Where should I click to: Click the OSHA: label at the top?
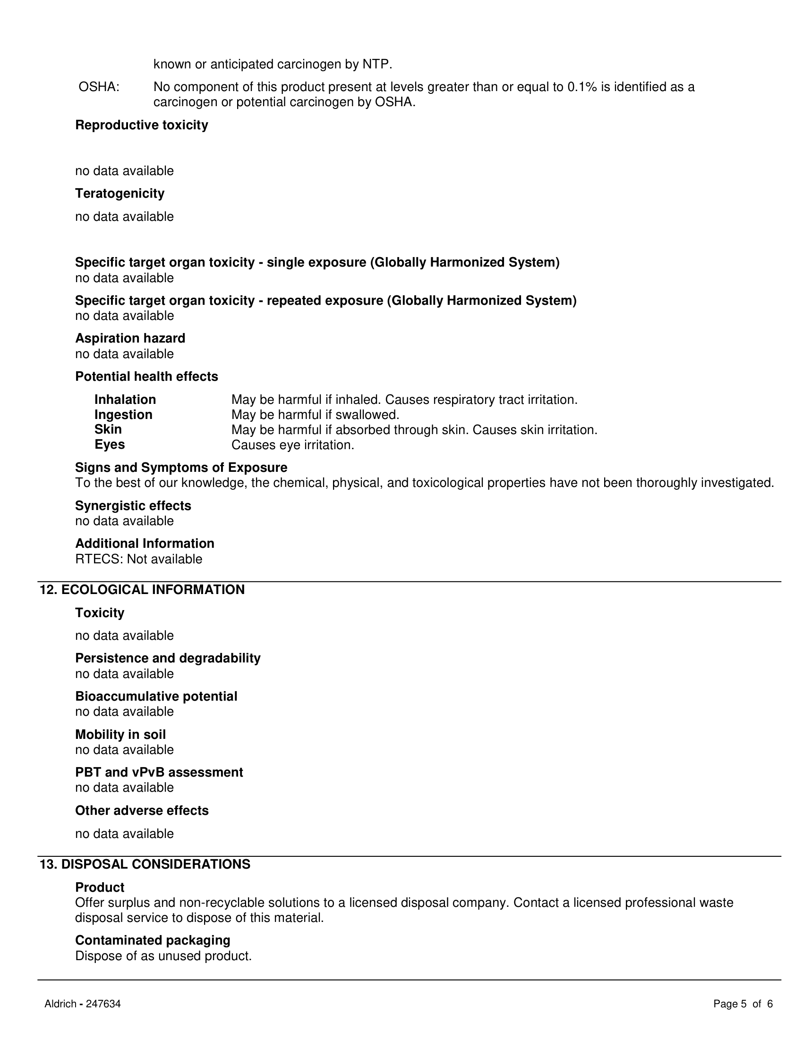click(x=99, y=87)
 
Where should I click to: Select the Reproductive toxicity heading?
click(x=141, y=125)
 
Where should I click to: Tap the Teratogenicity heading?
click(x=120, y=193)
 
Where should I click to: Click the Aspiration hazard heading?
click(x=130, y=338)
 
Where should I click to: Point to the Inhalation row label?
click(x=125, y=400)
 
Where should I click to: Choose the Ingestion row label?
click(x=123, y=415)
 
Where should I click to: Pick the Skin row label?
click(x=108, y=430)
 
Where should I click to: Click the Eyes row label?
click(x=110, y=445)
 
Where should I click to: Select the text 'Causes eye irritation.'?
click(x=292, y=445)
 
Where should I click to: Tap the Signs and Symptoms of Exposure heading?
click(x=181, y=468)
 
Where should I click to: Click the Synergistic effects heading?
click(x=133, y=506)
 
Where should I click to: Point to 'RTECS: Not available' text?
click(x=138, y=560)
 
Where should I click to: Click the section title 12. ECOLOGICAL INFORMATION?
click(x=142, y=590)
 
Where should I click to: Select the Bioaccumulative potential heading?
click(x=156, y=696)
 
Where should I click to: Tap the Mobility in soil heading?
click(x=120, y=735)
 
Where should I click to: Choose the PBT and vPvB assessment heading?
click(x=159, y=772)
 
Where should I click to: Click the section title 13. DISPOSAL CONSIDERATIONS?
click(x=145, y=864)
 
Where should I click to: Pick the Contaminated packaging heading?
click(x=153, y=940)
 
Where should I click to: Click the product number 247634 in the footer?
click(x=103, y=1004)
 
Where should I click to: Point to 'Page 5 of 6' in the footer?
click(x=743, y=1004)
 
